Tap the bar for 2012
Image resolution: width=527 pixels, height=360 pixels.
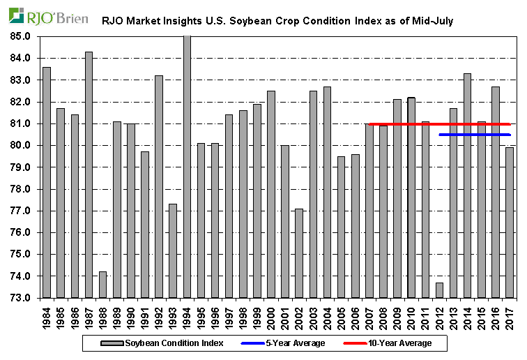439,290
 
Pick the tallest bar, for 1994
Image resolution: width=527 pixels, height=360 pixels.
187,167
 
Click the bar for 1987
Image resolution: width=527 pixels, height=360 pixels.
89,174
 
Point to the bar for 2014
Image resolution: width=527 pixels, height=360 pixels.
467,186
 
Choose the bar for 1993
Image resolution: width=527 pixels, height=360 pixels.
173,251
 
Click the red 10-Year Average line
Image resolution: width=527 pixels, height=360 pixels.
439,124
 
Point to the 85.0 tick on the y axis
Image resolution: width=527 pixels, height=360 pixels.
22,36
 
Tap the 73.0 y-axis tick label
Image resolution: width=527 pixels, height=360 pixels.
22,298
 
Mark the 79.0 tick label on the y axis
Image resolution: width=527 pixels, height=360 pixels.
22,167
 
